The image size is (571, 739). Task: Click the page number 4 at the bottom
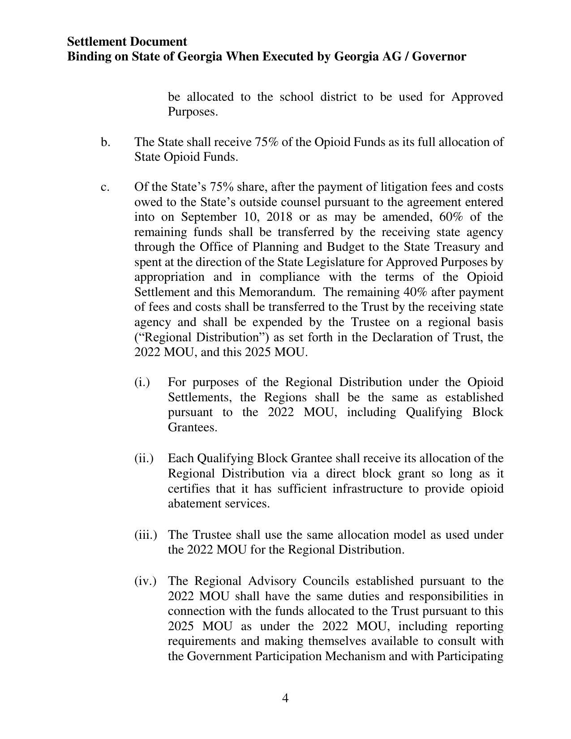285,698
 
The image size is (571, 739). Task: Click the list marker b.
105,142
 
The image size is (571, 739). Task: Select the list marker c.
105,187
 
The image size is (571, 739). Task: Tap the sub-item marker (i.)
142,382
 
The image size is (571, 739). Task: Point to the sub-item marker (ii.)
144,458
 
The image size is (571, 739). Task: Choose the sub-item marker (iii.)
146,535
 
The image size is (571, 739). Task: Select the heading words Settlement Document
127,42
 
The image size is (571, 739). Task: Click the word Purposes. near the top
193,112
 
